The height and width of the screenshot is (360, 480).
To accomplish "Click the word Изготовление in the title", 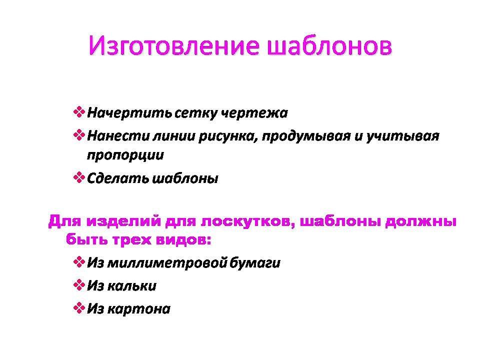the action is click(174, 46).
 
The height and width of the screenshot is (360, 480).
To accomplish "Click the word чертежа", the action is click(254, 113).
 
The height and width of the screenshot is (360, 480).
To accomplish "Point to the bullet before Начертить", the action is click(79, 111).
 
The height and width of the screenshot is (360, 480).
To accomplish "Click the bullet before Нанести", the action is click(79, 134).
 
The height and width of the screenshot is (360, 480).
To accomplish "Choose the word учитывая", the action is click(403, 136).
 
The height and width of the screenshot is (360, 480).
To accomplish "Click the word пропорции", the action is click(125, 155).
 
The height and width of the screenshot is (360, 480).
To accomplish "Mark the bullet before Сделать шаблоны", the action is click(79, 177).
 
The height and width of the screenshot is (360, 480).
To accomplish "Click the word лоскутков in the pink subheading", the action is click(246, 221).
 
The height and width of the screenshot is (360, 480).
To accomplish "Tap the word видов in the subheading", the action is click(183, 239).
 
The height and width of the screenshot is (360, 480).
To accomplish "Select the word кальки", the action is click(132, 286).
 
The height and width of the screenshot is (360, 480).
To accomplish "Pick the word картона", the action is click(139, 309).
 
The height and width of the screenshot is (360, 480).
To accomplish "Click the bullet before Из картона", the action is click(79, 307).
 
